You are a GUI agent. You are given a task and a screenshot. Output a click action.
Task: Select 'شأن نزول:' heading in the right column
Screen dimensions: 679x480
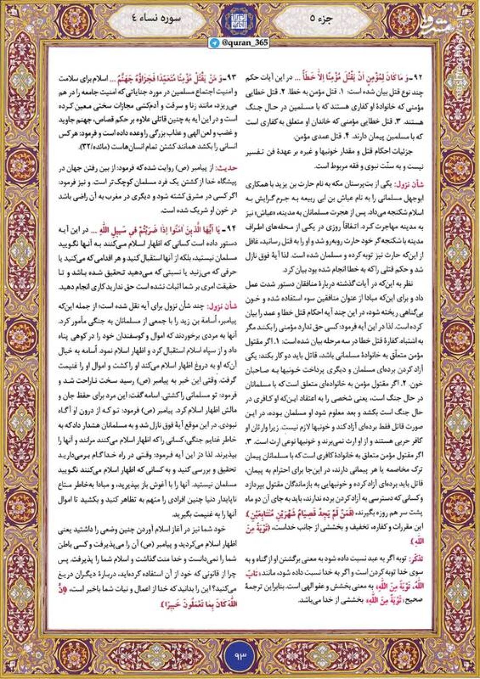(412, 183)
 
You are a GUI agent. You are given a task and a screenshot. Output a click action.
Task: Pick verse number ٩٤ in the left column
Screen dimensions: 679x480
(230, 230)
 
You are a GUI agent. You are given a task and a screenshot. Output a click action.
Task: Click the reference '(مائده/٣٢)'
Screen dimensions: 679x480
(78, 146)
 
